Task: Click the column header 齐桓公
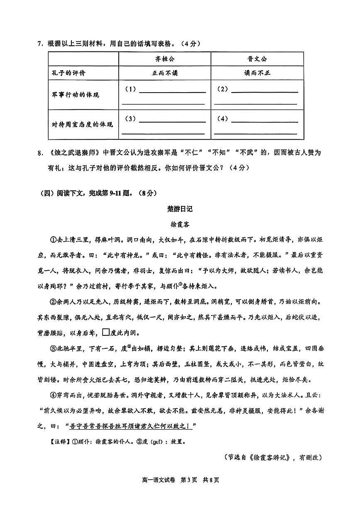pyautogui.click(x=165, y=59)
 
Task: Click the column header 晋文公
pyautogui.click(x=257, y=59)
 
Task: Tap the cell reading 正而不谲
pyautogui.click(x=165, y=73)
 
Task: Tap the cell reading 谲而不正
pyautogui.click(x=257, y=73)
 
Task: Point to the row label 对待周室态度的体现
pyautogui.click(x=82, y=125)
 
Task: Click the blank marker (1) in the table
pyautogui.click(x=130, y=89)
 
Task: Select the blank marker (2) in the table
pyautogui.click(x=223, y=89)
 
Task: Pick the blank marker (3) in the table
pyautogui.click(x=130, y=119)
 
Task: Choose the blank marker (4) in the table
pyautogui.click(x=223, y=119)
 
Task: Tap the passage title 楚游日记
pyautogui.click(x=180, y=209)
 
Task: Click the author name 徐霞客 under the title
pyautogui.click(x=180, y=224)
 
